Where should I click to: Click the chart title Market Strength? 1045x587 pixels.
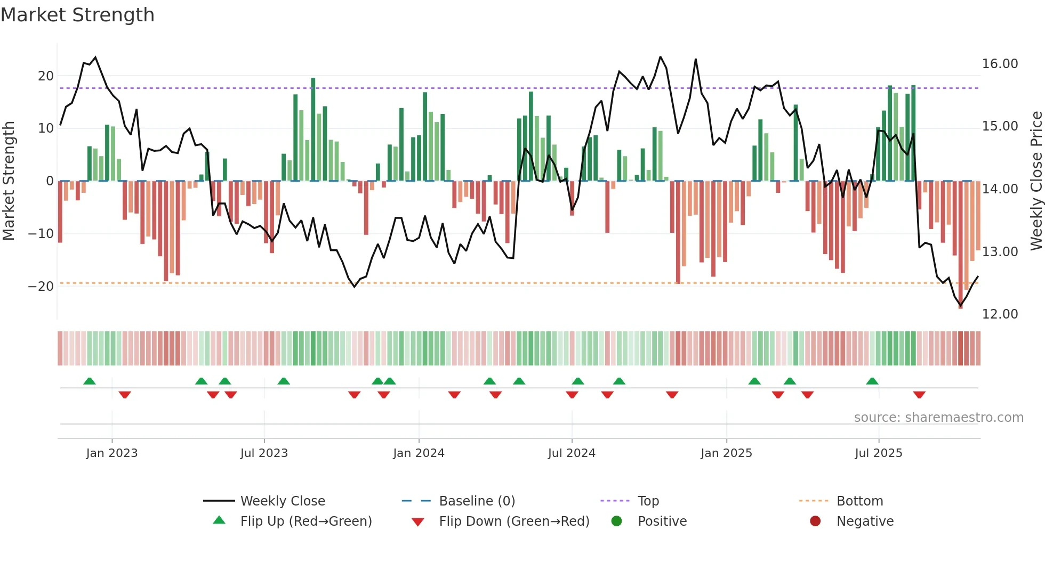(x=77, y=15)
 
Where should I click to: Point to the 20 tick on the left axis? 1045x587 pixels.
(x=46, y=76)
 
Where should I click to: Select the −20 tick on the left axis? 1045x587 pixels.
(x=41, y=287)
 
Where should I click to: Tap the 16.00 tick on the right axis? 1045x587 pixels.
(x=1000, y=64)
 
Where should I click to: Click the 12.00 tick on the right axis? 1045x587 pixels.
(x=1000, y=314)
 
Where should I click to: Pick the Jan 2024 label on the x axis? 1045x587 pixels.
(x=419, y=453)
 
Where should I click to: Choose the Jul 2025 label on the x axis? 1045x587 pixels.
(x=878, y=453)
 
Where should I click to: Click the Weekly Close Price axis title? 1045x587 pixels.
(x=1036, y=181)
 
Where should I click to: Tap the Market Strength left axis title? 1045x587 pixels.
(x=9, y=181)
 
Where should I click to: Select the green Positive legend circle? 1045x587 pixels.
(x=617, y=521)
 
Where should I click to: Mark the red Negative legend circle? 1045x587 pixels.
(x=815, y=521)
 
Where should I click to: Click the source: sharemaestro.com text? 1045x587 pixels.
(x=938, y=418)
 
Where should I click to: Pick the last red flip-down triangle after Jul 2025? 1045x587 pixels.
(x=919, y=395)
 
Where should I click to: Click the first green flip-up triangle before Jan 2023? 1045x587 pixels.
(x=90, y=381)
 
